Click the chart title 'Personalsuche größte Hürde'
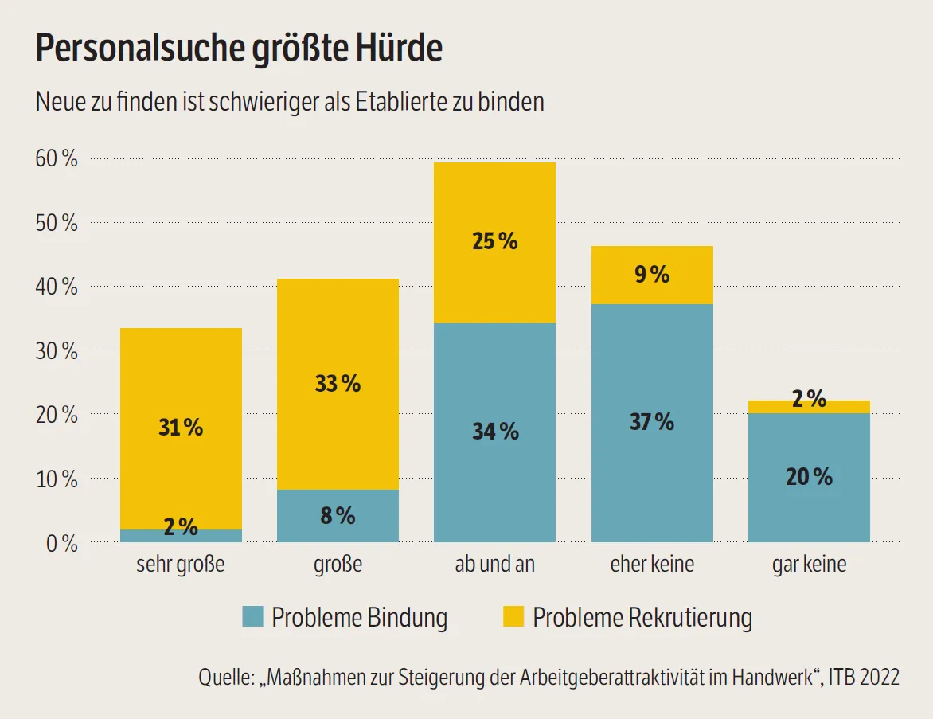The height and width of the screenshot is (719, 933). click(239, 49)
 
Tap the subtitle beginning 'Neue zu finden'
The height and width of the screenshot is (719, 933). click(290, 102)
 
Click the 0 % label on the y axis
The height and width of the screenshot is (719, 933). click(61, 544)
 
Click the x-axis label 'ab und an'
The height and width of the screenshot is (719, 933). click(494, 565)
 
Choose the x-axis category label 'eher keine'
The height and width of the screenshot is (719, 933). click(652, 565)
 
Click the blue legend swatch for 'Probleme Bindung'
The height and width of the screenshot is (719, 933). click(252, 616)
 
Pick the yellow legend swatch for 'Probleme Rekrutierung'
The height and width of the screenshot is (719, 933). click(513, 616)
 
